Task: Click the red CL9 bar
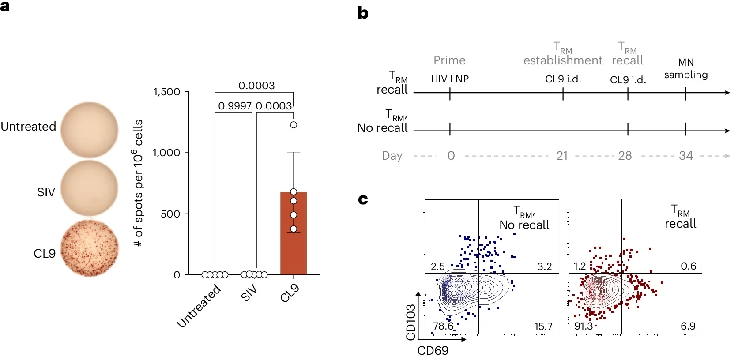click(294, 247)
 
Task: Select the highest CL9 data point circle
click(294, 125)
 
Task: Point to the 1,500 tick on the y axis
click(166, 92)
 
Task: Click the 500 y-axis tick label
click(170, 214)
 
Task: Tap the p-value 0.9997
click(235, 106)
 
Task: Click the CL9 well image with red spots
click(90, 248)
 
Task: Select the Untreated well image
click(90, 130)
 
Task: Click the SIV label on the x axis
click(249, 293)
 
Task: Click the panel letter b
click(363, 13)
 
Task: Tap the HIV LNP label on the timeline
click(449, 79)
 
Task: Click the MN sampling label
click(685, 68)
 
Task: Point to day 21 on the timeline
click(562, 156)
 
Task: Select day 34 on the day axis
click(685, 156)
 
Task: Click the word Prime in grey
click(449, 60)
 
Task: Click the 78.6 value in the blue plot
click(443, 326)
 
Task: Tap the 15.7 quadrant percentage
click(543, 326)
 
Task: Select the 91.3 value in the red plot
click(583, 326)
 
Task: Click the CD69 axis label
click(433, 351)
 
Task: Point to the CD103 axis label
click(411, 322)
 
